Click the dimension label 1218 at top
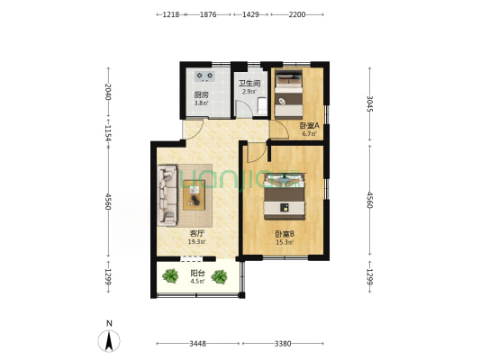(171, 14)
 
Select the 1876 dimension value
(208, 14)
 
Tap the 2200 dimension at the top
(297, 14)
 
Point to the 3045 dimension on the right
(370, 103)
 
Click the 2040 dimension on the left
(108, 92)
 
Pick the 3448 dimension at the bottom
(197, 344)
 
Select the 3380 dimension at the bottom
(283, 344)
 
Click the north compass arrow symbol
(109, 341)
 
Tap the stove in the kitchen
(204, 76)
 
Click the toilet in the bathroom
(262, 105)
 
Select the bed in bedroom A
(288, 94)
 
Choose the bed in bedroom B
(285, 196)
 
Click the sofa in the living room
(168, 195)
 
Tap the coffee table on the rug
(195, 195)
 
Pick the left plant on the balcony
(170, 276)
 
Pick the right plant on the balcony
(219, 276)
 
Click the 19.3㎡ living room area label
(197, 241)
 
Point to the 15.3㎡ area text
(285, 242)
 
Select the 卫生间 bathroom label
(249, 83)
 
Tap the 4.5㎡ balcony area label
(197, 281)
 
